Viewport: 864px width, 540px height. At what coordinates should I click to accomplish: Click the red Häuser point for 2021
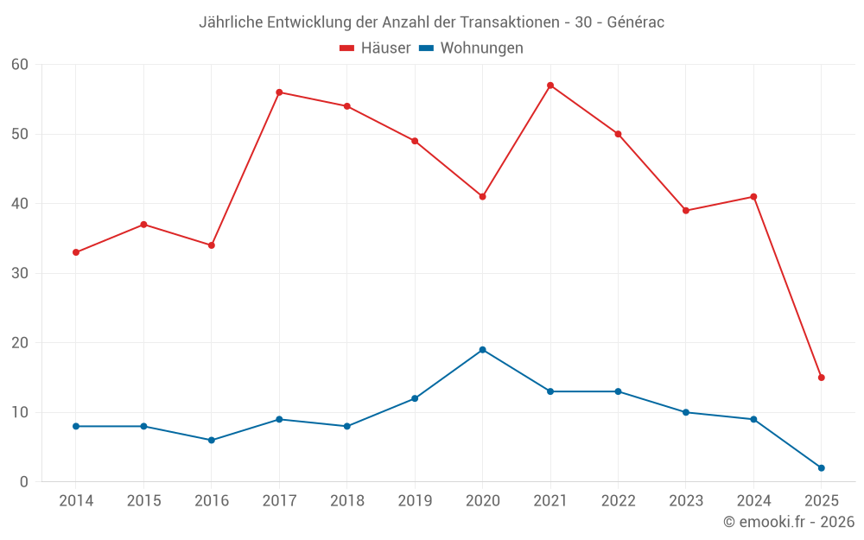550,86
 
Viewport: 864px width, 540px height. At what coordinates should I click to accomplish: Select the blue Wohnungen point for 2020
483,350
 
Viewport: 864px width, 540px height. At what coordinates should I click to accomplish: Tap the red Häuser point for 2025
822,378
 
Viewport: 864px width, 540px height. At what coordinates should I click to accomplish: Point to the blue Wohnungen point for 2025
822,468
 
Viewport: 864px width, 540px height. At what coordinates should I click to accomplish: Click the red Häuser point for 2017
279,92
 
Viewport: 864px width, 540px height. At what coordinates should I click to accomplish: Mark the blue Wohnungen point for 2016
212,441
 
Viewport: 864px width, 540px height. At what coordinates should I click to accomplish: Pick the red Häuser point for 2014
76,252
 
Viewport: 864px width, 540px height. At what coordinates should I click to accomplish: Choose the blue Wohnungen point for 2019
415,398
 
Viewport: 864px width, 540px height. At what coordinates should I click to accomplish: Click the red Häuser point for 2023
686,211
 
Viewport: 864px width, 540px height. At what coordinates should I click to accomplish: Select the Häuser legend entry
375,48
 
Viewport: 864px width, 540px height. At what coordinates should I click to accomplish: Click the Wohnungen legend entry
471,48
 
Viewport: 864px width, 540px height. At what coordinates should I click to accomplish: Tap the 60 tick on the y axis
20,65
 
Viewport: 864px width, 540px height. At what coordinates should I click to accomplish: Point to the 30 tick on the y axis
20,274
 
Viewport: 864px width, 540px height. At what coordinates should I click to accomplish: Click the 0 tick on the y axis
24,482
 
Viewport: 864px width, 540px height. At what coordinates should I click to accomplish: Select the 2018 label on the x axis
346,501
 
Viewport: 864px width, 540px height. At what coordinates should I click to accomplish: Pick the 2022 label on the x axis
618,501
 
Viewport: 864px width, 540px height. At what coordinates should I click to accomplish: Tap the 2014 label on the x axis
76,501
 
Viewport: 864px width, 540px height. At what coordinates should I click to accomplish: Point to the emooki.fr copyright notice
788,522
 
